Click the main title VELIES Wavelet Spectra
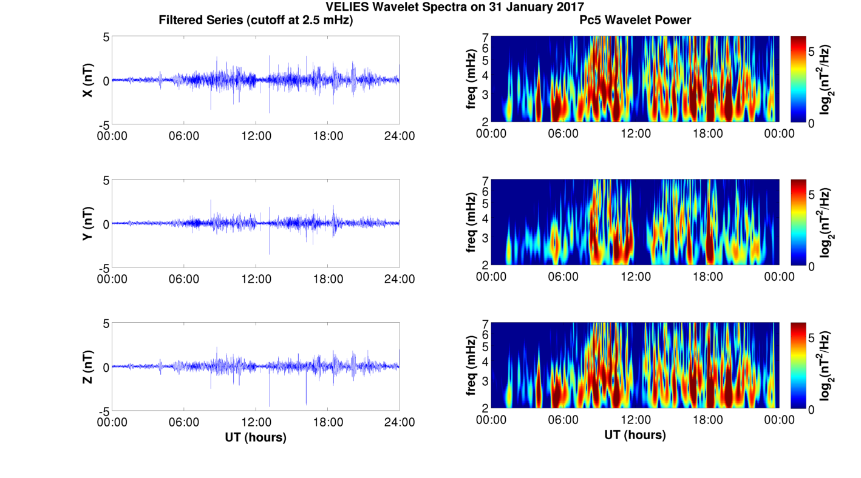pyautogui.click(x=455, y=7)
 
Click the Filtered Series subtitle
pyautogui.click(x=256, y=20)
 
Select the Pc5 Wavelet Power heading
pyautogui.click(x=635, y=20)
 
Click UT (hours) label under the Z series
pyautogui.click(x=256, y=437)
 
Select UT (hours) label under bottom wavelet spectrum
pyautogui.click(x=635, y=435)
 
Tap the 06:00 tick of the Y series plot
pyautogui.click(x=184, y=279)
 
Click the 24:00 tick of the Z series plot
pyautogui.click(x=400, y=422)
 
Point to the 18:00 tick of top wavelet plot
pyautogui.click(x=707, y=133)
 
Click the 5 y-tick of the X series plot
pyautogui.click(x=106, y=37)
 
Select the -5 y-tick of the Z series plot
pyautogui.click(x=103, y=411)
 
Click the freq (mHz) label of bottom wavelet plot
pyautogui.click(x=471, y=366)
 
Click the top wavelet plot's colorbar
pyautogui.click(x=798, y=79)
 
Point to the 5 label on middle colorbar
pyautogui.click(x=814, y=195)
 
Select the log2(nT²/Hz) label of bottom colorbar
pyautogui.click(x=826, y=366)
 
